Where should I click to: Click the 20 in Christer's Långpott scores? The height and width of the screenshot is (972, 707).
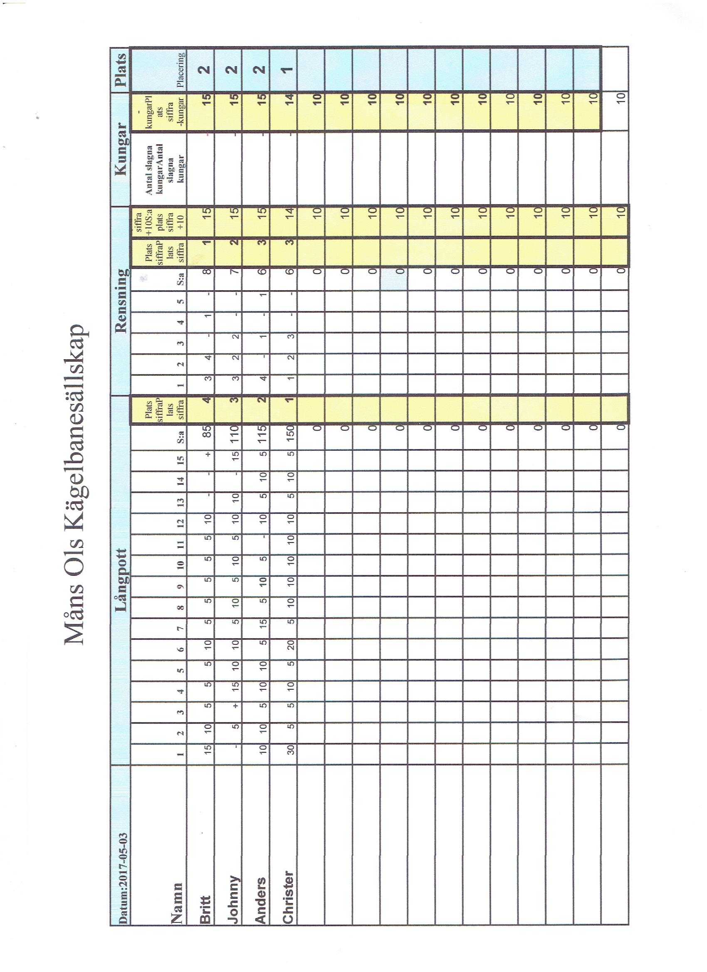[x=289, y=651]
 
